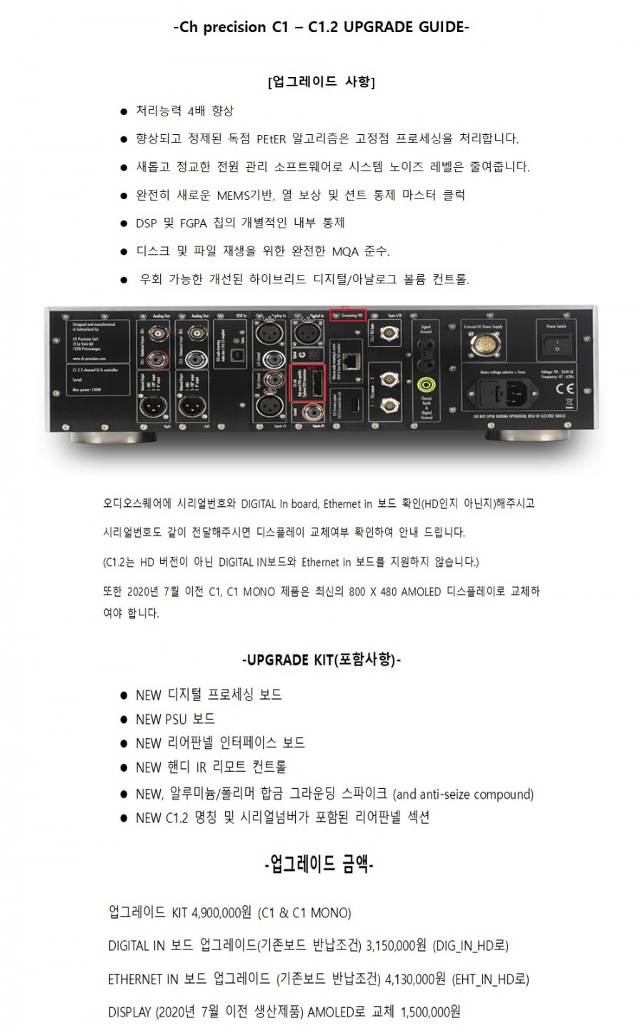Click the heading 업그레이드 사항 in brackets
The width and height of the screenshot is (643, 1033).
pyautogui.click(x=321, y=81)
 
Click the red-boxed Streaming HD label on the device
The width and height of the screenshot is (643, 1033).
pyautogui.click(x=347, y=314)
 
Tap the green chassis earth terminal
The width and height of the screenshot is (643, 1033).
pyautogui.click(x=427, y=384)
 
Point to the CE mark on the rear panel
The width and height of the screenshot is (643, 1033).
pyautogui.click(x=564, y=389)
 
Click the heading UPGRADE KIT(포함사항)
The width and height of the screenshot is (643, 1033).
pyautogui.click(x=322, y=659)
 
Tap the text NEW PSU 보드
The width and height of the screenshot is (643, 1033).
pyautogui.click(x=175, y=719)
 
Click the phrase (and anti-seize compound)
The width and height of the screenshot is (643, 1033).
pyautogui.click(x=464, y=795)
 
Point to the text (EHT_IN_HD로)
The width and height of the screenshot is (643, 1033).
pyautogui.click(x=490, y=979)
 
